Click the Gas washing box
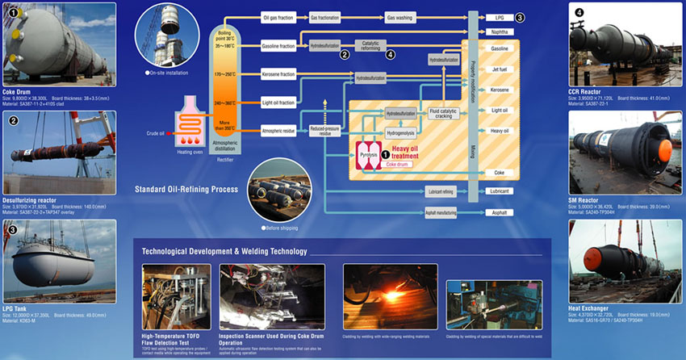tap(401, 17)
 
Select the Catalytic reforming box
tap(370, 46)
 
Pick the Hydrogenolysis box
tap(400, 131)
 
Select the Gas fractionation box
tap(325, 17)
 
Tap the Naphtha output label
tap(499, 31)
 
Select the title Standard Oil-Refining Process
tap(187, 190)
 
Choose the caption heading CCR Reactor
tap(587, 93)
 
